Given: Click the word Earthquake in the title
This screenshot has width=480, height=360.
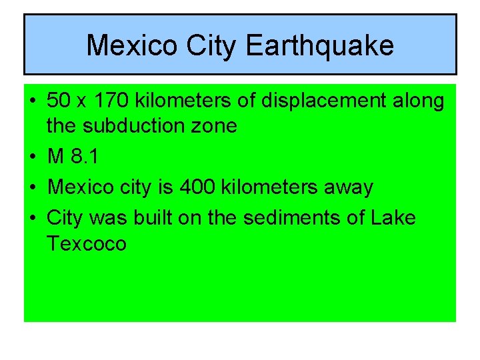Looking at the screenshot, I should click(320, 45).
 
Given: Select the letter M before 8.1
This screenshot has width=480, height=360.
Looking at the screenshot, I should click(55, 157).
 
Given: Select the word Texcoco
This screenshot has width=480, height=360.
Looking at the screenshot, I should click(86, 243).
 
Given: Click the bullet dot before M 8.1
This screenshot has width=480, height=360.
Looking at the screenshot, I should click(32, 157).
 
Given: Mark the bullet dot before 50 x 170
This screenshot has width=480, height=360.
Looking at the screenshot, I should click(32, 101).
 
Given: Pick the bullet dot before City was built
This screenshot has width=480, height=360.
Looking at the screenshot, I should click(32, 218).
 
